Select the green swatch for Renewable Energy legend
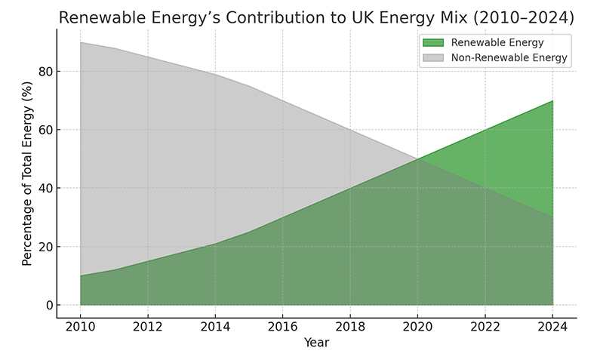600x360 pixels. click(x=434, y=43)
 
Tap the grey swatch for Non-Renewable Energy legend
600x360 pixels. click(x=434, y=57)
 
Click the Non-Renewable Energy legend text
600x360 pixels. click(x=509, y=57)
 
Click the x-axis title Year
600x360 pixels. click(x=316, y=343)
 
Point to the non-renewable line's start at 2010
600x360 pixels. click(x=80, y=42)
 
